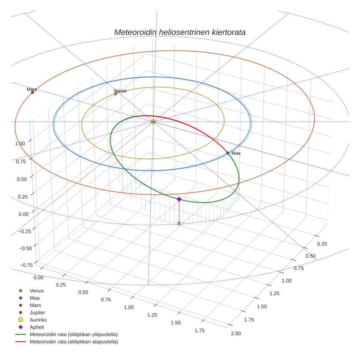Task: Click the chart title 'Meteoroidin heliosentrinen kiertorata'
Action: [180, 32]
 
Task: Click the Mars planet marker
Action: [32, 92]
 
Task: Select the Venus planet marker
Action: [116, 94]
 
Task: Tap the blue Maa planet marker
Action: [228, 153]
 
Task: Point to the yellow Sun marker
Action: [153, 121]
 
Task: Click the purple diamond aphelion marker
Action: [179, 199]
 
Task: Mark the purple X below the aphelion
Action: [179, 223]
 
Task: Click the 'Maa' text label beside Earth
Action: [236, 153]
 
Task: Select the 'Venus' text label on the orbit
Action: [120, 90]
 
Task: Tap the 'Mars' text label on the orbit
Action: [32, 89]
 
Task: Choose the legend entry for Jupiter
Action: [37, 312]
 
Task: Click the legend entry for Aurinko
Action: [38, 320]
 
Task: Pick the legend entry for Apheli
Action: [37, 327]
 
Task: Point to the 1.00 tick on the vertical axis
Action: [20, 143]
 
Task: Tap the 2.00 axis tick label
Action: [235, 333]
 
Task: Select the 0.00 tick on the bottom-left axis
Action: [38, 278]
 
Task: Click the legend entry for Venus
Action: [37, 290]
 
